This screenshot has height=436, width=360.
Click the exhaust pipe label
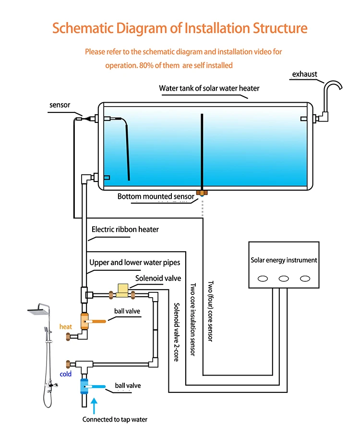[x=305, y=74]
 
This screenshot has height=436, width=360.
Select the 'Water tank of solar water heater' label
[x=209, y=89]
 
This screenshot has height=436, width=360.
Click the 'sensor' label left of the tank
[x=60, y=105]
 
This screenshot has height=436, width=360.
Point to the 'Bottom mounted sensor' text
[x=156, y=196]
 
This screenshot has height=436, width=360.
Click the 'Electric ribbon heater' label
[x=125, y=230]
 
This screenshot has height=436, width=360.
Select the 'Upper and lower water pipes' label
[x=135, y=263]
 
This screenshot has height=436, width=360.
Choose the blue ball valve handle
[x=99, y=387]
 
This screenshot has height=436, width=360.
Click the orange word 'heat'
[x=66, y=327]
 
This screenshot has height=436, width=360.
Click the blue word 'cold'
[x=66, y=374]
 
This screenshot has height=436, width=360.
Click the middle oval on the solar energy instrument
[x=284, y=279]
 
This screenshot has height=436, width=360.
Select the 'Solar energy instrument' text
[x=284, y=260]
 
